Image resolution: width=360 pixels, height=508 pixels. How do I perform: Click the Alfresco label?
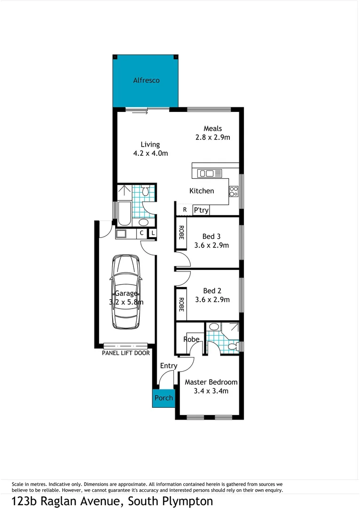pyautogui.click(x=146, y=80)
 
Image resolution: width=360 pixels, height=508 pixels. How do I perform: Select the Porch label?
pyautogui.click(x=164, y=398)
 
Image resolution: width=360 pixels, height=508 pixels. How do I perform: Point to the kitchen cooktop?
pyautogui.click(x=233, y=191)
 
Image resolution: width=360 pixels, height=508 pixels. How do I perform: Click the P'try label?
pyautogui.click(x=201, y=210)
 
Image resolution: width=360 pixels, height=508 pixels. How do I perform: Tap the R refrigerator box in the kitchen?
pyautogui.click(x=185, y=210)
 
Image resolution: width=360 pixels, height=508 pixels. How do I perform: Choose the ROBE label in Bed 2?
pyautogui.click(x=181, y=304)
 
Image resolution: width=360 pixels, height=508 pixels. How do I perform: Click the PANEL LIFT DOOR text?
pyautogui.click(x=126, y=353)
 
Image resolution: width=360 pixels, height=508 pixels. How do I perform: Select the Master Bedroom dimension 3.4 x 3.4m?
pyautogui.click(x=211, y=391)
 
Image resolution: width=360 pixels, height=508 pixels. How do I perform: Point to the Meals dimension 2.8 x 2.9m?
pyautogui.click(x=212, y=137)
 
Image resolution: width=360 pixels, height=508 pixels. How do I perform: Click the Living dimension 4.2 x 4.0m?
pyautogui.click(x=150, y=153)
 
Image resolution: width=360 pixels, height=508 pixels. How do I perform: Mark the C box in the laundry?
pyautogui.click(x=141, y=233)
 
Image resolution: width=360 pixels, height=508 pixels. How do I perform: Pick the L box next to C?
pyautogui.click(x=153, y=233)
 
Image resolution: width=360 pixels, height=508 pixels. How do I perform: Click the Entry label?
pyautogui.click(x=169, y=366)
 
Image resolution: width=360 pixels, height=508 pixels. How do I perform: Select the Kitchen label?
pyautogui.click(x=202, y=191)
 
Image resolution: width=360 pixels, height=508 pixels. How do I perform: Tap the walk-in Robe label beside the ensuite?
pyautogui.click(x=191, y=339)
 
